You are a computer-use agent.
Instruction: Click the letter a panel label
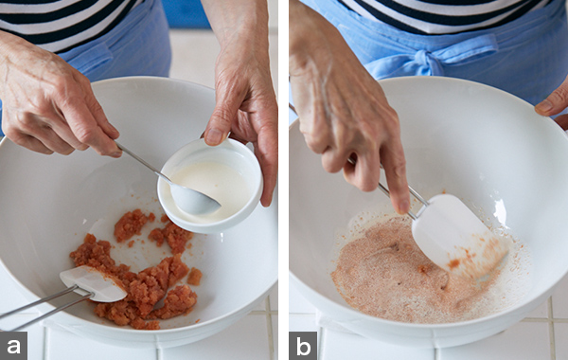point(13,346)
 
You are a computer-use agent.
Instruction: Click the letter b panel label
point(303,346)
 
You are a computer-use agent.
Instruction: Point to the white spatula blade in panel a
point(93,283)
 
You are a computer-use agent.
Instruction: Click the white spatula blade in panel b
point(457,237)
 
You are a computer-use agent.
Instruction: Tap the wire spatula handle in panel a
point(41,304)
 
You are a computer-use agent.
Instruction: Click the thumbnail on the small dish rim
point(215,136)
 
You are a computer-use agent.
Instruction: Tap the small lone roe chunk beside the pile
point(194,277)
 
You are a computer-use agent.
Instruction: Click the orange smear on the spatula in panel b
point(453,262)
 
